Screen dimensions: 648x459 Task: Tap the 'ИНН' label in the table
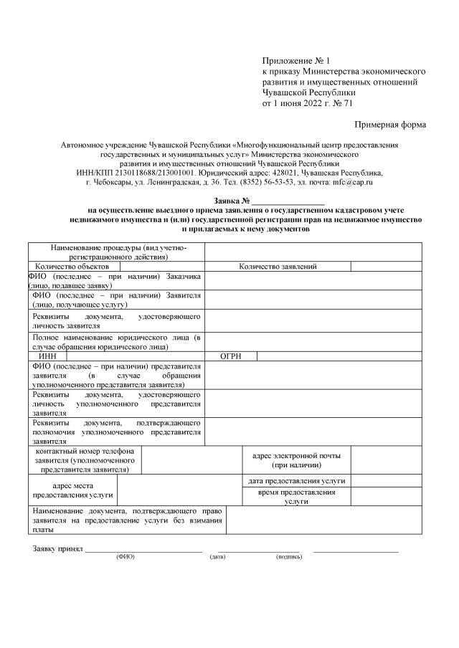(47, 356)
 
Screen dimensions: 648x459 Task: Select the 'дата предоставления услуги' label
(296, 481)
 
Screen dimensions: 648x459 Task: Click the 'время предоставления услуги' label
(296, 497)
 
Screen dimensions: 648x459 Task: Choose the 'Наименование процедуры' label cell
(117, 252)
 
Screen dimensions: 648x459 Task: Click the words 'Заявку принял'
(57, 549)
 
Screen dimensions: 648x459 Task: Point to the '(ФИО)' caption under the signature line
(125, 557)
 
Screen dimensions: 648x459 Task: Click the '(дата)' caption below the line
(217, 557)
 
